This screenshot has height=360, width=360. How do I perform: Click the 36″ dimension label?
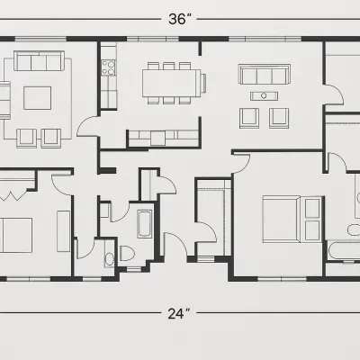(x=180, y=19)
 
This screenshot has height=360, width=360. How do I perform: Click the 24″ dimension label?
(x=179, y=313)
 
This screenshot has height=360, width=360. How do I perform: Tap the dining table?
(x=171, y=83)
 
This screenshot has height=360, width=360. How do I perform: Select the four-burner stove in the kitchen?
(x=108, y=67)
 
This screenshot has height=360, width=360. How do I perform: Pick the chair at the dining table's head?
(x=203, y=83)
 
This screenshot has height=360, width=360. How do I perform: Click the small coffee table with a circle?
(x=264, y=96)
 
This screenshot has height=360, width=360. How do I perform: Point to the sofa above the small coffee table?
(x=265, y=74)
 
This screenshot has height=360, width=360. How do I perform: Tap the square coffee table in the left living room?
(x=38, y=98)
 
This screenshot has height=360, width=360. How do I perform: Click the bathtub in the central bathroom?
(x=145, y=224)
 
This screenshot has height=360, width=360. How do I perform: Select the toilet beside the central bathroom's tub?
(x=127, y=254)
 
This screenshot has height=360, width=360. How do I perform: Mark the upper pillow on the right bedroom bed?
(x=312, y=208)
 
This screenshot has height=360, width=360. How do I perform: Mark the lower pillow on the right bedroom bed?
(x=312, y=230)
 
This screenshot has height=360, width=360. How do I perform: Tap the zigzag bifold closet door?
(x=11, y=196)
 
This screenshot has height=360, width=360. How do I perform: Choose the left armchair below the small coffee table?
(x=249, y=118)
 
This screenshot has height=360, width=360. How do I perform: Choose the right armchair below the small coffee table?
(x=279, y=118)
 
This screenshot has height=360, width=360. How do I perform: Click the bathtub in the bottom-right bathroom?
(x=343, y=251)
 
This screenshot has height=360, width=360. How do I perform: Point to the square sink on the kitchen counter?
(x=157, y=139)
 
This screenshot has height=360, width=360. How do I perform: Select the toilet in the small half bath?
(x=110, y=259)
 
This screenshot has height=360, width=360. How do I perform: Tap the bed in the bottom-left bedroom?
(x=16, y=235)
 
